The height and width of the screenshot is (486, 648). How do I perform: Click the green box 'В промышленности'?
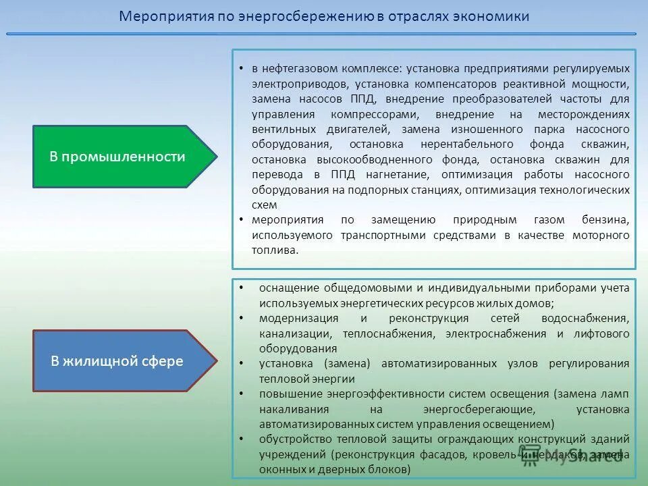tap(117, 157)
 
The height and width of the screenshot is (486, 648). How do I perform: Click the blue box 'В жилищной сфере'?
tap(117, 361)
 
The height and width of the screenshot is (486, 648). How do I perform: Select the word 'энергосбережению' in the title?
tap(305, 17)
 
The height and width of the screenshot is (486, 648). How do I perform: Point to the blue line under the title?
tap(321, 34)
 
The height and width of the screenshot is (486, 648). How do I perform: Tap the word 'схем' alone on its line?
tap(264, 205)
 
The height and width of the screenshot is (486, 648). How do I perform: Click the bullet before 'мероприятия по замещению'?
tap(242, 220)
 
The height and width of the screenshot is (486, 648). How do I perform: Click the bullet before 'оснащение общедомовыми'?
tap(242, 288)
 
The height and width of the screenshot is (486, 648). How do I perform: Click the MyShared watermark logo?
tap(570, 456)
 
